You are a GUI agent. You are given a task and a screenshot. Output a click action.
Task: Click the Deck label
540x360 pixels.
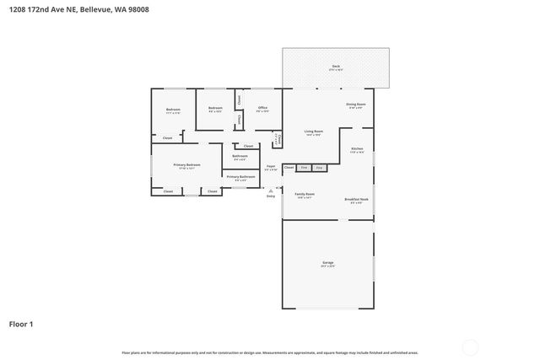pos(335,66)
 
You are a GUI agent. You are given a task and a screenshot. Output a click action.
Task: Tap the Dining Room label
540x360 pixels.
pos(354,105)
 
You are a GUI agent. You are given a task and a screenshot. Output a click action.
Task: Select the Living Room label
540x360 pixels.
pos(313,132)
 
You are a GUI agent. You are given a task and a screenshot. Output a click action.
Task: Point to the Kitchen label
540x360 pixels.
pos(357,149)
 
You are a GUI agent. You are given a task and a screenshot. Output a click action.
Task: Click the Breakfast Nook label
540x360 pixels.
pos(356,199)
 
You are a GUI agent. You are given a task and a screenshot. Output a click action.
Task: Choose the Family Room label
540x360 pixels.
pos(304,194)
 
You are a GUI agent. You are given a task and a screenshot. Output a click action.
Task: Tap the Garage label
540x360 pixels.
pos(327,263)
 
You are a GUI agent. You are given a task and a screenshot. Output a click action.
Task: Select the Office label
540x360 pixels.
pos(262,108)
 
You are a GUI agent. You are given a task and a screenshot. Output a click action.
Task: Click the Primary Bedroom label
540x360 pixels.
pos(186,164)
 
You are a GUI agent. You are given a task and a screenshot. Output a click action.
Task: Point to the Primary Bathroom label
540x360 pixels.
pos(240,176)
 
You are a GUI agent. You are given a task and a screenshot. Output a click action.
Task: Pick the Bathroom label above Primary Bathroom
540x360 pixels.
pos(240,156)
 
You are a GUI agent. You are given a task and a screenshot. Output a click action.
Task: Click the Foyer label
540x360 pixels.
pos(271,166)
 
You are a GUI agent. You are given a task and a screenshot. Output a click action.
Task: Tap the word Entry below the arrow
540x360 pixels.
pos(270,196)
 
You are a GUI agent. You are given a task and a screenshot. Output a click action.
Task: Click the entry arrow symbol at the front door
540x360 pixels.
pos(270,189)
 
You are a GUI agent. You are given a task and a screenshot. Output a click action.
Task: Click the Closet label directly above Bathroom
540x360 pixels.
pos(248,146)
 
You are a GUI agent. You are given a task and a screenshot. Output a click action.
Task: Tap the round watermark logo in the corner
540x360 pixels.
pos(470,347)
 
